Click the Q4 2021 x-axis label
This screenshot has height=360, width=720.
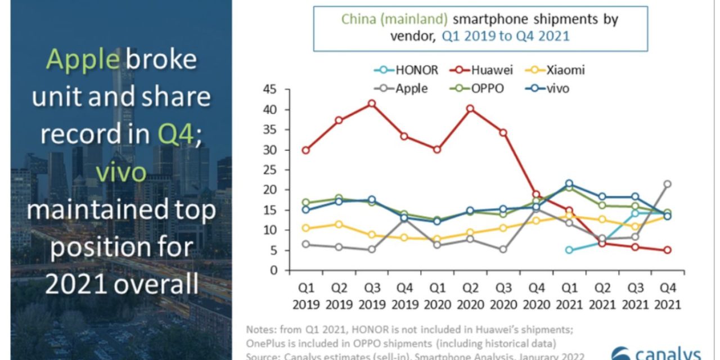(x=667, y=296)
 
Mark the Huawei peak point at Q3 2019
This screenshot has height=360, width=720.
(x=372, y=103)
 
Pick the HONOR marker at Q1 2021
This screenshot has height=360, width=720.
(x=569, y=250)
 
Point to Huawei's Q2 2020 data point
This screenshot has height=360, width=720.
(x=470, y=109)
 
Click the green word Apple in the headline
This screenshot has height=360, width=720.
(x=83, y=60)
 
